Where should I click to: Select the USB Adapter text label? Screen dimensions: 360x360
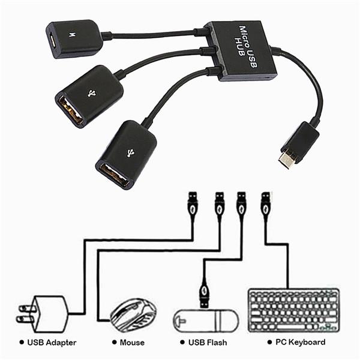point(52,342)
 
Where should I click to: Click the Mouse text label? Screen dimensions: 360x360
point(132,342)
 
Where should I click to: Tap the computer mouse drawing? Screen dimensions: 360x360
point(133,314)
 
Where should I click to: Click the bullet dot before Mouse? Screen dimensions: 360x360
point(113,342)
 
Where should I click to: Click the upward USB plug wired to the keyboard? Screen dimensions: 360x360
point(265,206)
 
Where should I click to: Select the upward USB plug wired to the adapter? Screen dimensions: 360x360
point(192,206)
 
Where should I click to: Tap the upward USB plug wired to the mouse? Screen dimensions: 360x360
point(220,206)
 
